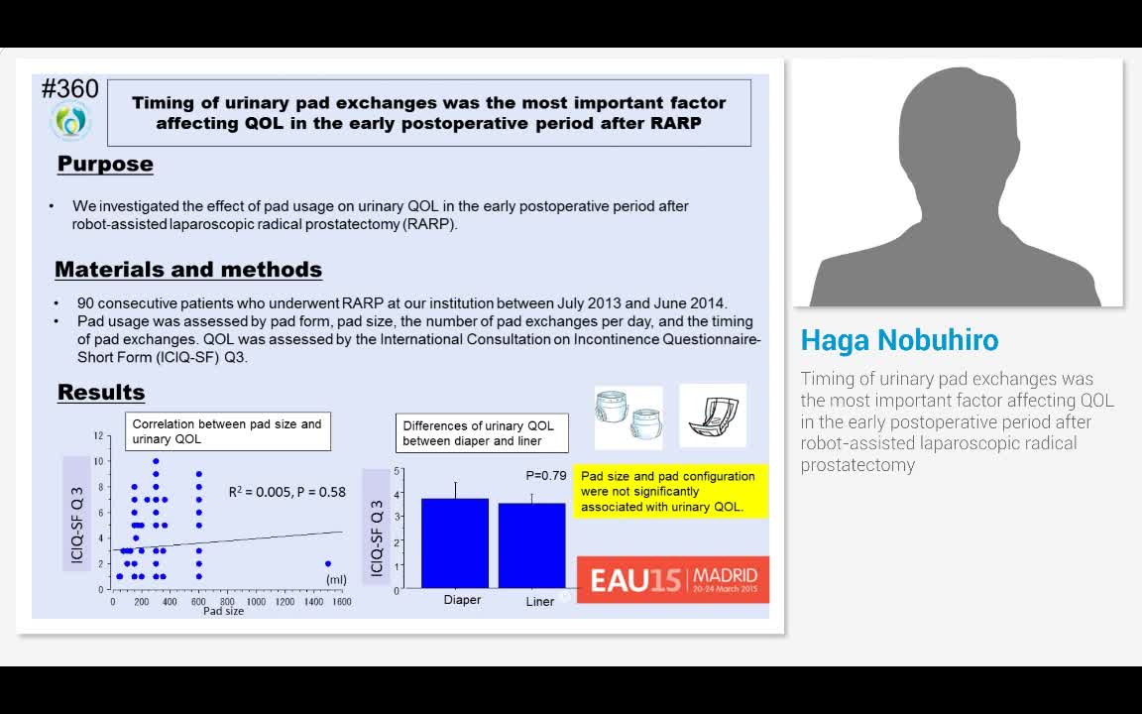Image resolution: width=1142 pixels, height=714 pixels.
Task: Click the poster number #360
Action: pos(70,89)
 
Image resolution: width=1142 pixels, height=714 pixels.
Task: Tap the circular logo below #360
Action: pos(70,122)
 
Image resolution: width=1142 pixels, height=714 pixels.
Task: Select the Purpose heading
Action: pos(105,164)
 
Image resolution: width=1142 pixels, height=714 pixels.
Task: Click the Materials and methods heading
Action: pos(188,269)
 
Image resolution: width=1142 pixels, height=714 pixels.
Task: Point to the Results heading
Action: pos(101,392)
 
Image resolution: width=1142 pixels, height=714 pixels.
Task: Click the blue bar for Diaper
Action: pos(455,542)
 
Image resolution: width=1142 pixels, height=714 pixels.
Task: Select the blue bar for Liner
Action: pos(532,545)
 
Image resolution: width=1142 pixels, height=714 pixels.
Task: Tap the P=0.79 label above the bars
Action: pos(546,475)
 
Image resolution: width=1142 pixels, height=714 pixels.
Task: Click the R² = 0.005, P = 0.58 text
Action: pos(286,491)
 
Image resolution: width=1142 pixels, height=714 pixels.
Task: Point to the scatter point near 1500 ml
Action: pos(328,563)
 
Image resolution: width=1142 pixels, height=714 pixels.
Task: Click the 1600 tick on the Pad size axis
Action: pos(342,602)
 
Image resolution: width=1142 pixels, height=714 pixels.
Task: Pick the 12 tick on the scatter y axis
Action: pos(98,435)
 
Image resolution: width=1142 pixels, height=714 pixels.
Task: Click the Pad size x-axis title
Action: pos(223,611)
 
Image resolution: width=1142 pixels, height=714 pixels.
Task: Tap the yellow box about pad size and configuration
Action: pos(670,491)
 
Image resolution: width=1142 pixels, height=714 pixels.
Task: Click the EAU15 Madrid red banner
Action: pos(673,579)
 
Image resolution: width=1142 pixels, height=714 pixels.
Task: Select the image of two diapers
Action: pos(628,416)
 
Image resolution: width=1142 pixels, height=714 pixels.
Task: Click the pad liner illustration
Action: pos(712,416)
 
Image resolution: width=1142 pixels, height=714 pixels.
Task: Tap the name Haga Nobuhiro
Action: pos(899,340)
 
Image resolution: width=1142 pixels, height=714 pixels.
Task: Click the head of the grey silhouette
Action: pos(958,125)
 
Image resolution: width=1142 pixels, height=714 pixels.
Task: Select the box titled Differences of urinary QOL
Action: pos(482,433)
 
